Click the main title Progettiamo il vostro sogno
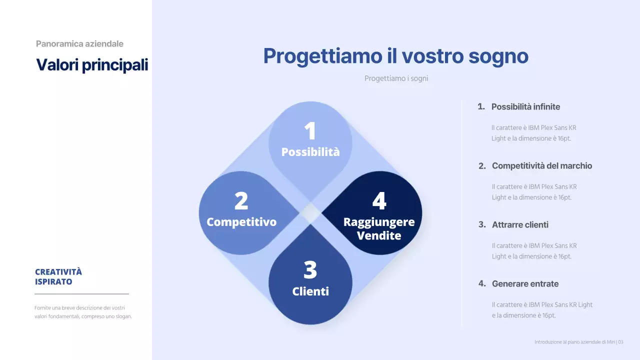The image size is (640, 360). (395, 56)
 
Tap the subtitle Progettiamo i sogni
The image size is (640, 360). (396, 78)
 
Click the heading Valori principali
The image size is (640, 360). (92, 65)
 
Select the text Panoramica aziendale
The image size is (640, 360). (79, 44)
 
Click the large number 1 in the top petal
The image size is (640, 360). (310, 131)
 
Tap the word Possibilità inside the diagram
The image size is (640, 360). (310, 152)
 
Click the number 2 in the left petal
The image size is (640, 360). (241, 201)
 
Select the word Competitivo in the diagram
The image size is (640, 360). (241, 222)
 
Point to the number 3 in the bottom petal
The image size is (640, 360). (310, 270)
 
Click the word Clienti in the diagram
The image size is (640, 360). (310, 291)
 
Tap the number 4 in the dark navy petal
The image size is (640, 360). (379, 201)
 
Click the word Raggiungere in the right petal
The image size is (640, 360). (379, 222)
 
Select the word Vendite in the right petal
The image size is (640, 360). (379, 235)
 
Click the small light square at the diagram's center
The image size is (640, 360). (310, 213)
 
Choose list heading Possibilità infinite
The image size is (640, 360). (525, 107)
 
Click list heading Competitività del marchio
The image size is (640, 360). (541, 166)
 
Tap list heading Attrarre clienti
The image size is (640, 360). (520, 225)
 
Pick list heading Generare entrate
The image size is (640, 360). (525, 284)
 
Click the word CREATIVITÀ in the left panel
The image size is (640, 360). (58, 272)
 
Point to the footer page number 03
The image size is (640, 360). (620, 342)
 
